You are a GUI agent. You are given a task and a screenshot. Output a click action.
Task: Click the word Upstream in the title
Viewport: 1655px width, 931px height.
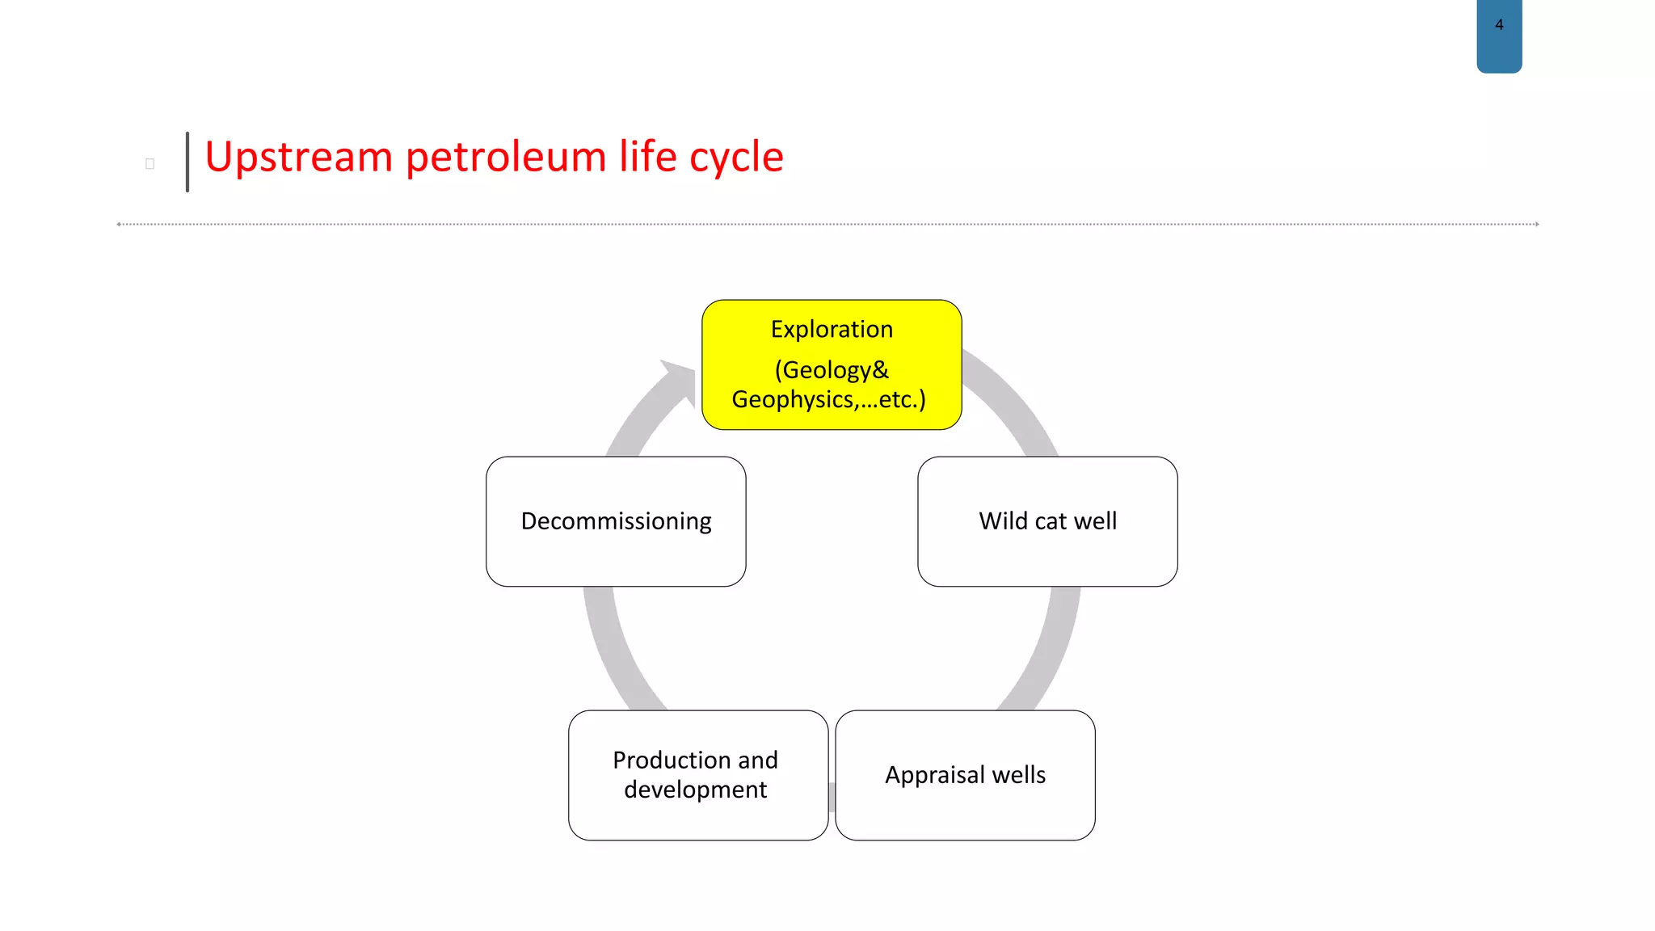pyautogui.click(x=297, y=157)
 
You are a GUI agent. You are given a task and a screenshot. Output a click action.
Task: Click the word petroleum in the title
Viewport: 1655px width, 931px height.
pyautogui.click(x=505, y=157)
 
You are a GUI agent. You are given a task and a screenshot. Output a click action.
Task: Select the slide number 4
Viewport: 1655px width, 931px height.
pyautogui.click(x=1499, y=25)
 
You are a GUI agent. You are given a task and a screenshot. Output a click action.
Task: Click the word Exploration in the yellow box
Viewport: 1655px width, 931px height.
pyautogui.click(x=832, y=330)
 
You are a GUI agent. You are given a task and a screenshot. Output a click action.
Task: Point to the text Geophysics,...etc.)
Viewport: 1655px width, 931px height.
pyautogui.click(x=828, y=399)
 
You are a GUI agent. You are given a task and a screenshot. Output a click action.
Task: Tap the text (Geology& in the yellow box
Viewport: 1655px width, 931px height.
pyautogui.click(x=832, y=370)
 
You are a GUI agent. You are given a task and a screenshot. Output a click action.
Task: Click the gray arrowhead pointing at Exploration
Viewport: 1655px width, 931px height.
pyautogui.click(x=681, y=380)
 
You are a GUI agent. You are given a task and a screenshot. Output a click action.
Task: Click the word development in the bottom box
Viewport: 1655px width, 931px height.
pyautogui.click(x=695, y=790)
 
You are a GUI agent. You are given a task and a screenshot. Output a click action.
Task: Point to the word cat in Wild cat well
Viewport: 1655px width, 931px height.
pyautogui.click(x=1051, y=521)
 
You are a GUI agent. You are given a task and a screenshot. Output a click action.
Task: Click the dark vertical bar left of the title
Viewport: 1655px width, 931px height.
pyautogui.click(x=187, y=162)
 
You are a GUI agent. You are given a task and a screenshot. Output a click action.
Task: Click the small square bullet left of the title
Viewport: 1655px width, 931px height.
pyautogui.click(x=149, y=164)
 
